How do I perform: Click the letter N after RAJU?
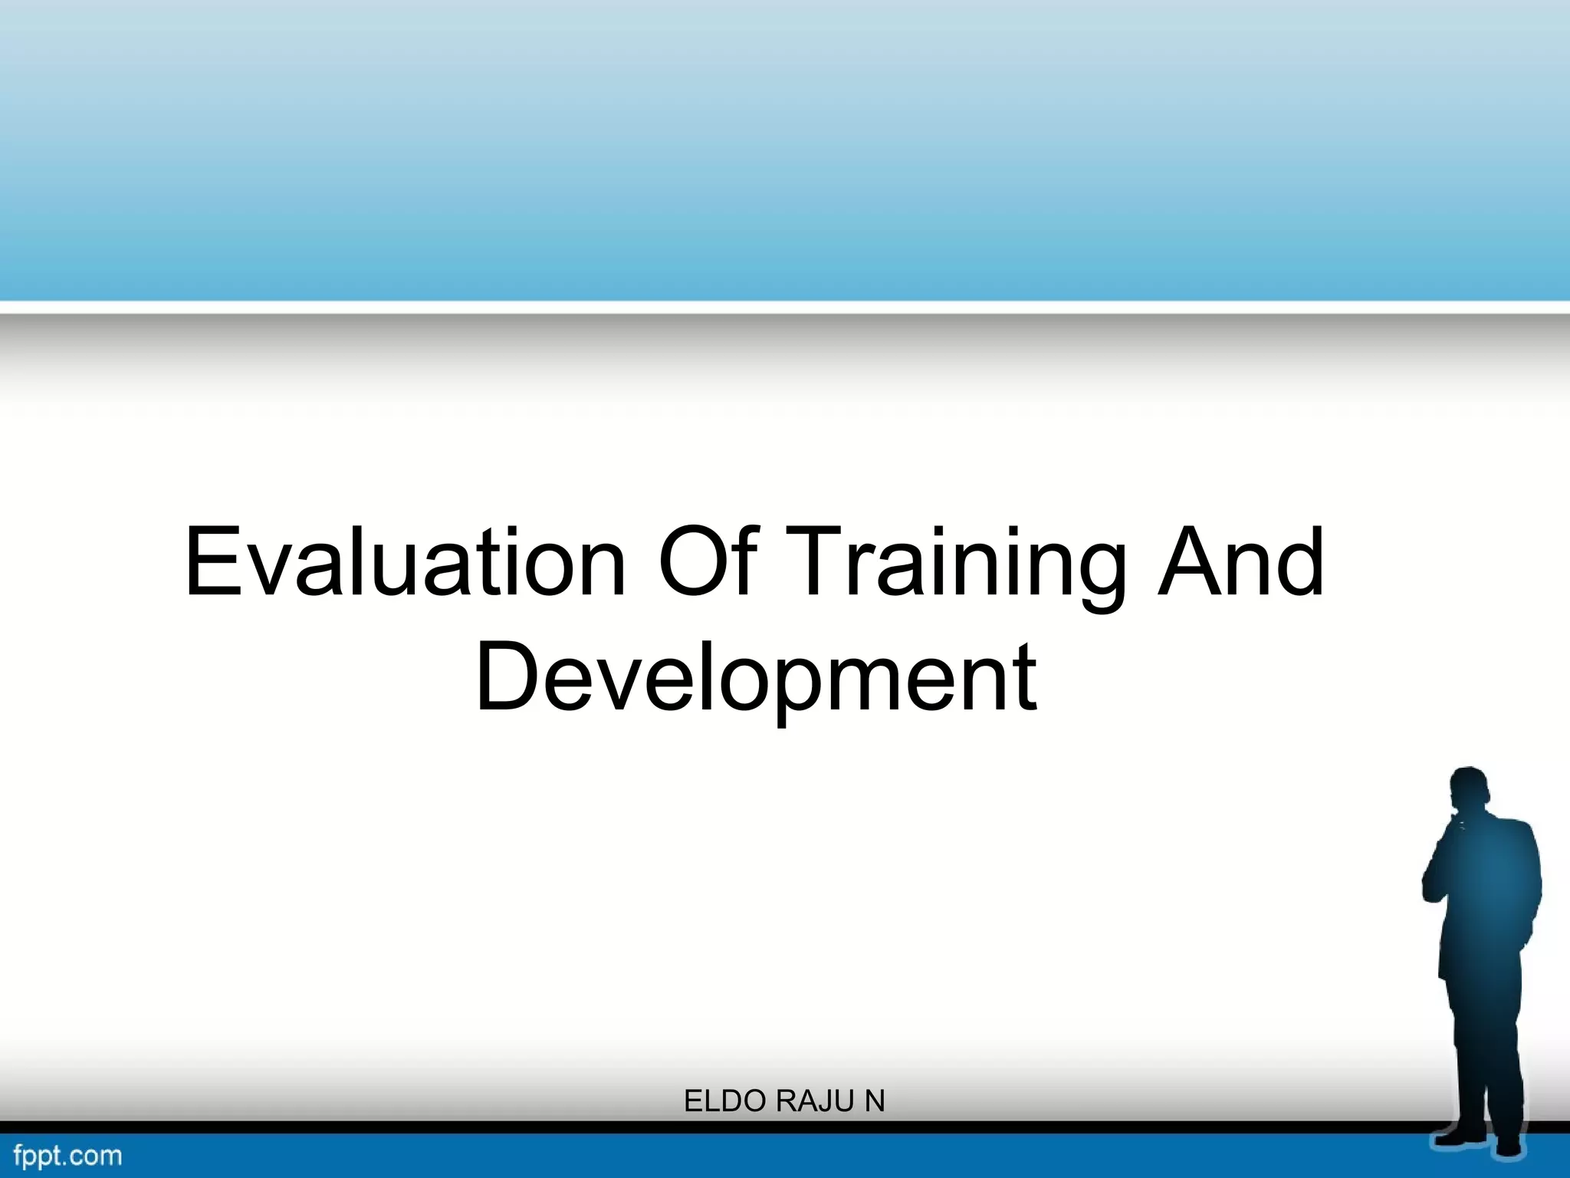[875, 1101]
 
